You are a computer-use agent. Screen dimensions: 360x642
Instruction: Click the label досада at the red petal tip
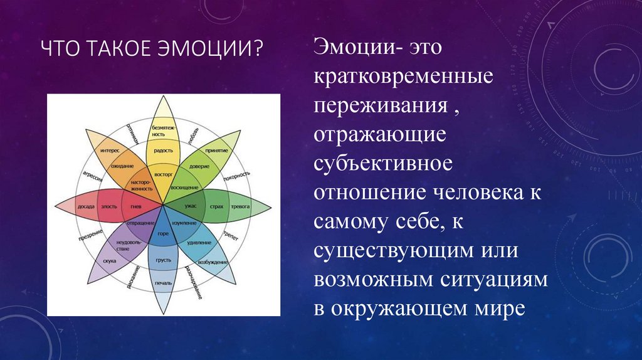coord(86,206)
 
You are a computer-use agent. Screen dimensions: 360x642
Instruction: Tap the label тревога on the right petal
coord(240,206)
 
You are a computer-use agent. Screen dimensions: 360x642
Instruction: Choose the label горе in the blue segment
coord(163,234)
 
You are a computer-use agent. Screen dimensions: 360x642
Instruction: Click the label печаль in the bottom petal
coord(163,283)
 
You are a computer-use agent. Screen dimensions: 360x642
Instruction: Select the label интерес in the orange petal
coord(110,151)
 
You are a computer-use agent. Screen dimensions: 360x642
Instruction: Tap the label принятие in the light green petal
coord(215,151)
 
